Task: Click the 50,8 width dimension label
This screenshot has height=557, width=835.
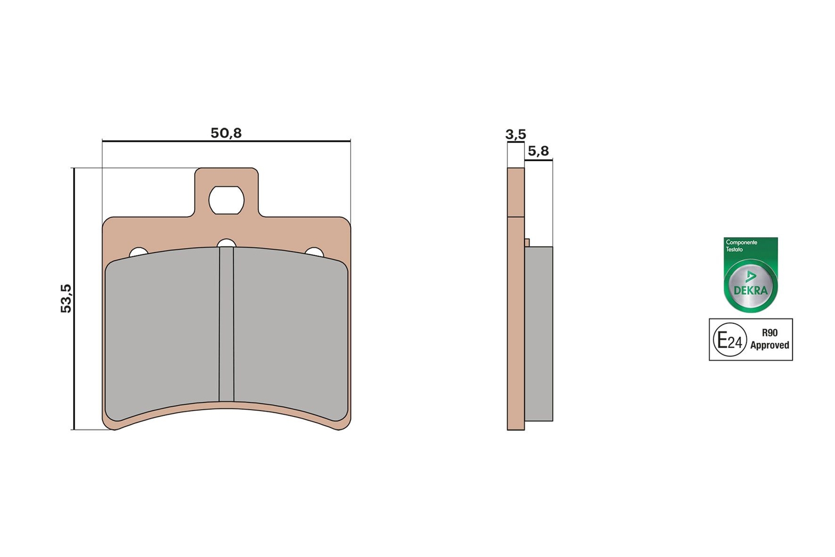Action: pyautogui.click(x=226, y=133)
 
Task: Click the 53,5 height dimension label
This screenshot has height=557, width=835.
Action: pyautogui.click(x=66, y=298)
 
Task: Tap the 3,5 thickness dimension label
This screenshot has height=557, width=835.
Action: pyautogui.click(x=516, y=135)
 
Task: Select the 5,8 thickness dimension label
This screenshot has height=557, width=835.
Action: pyautogui.click(x=538, y=151)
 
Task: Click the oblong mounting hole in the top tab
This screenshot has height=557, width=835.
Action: pyautogui.click(x=226, y=200)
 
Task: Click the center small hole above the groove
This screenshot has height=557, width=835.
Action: pyautogui.click(x=226, y=243)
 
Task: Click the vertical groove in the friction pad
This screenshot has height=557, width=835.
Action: pyautogui.click(x=226, y=324)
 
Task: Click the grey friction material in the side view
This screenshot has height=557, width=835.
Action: pyautogui.click(x=539, y=334)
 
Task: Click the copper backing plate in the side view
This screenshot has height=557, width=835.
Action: pyautogui.click(x=516, y=324)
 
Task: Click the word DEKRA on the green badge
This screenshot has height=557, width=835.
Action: pyautogui.click(x=750, y=290)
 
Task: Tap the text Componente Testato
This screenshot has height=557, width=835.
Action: pyautogui.click(x=741, y=245)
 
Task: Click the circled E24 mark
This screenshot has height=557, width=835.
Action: pyautogui.click(x=730, y=340)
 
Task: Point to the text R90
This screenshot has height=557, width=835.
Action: pyautogui.click(x=769, y=333)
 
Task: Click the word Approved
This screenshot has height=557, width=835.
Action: pyautogui.click(x=769, y=345)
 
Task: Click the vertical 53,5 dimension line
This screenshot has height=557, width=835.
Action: pyautogui.click(x=74, y=365)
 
